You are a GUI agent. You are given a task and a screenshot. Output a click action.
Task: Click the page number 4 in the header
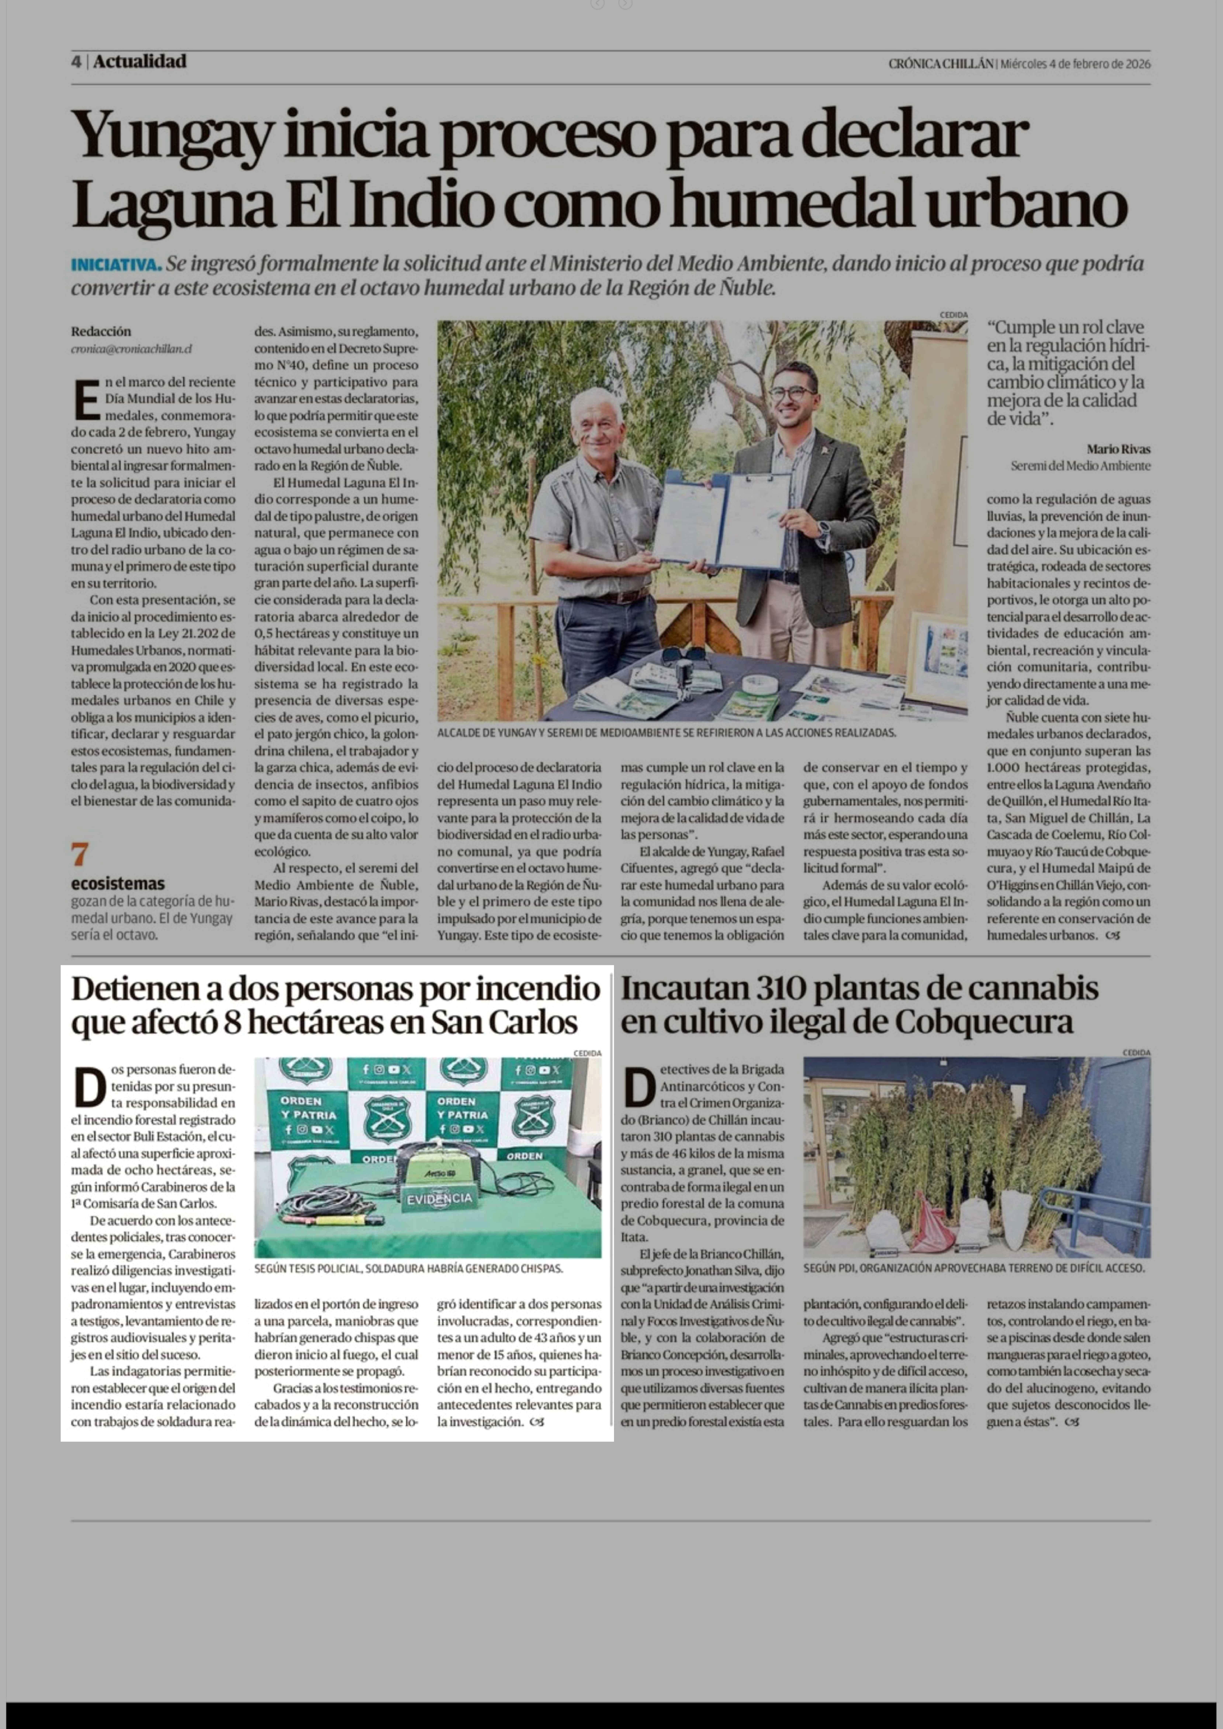[x=76, y=62]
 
